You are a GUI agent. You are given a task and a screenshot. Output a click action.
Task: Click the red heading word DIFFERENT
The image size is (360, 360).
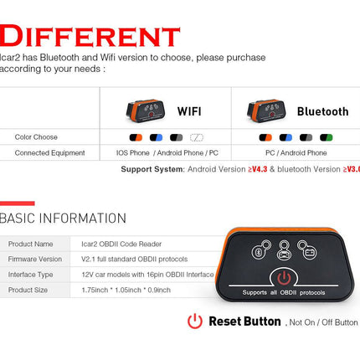pos(90,36)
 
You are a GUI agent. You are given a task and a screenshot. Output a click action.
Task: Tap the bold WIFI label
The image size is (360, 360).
pos(195,111)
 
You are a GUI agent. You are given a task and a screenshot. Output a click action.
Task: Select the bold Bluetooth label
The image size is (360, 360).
pos(322,111)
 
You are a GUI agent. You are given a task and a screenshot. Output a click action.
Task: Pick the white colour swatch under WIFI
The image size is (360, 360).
pos(197,136)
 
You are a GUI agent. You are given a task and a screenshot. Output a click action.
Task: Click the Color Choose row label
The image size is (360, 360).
pos(37,136)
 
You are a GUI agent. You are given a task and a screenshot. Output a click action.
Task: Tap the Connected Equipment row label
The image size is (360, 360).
pos(50,153)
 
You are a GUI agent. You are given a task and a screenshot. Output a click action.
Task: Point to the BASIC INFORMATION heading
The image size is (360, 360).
pos(63,219)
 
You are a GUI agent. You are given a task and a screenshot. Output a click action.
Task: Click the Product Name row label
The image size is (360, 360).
pos(30,244)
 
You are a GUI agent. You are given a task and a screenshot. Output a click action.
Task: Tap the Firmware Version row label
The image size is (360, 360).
pos(35,259)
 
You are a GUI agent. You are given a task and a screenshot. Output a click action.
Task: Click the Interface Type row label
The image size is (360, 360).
pos(31,274)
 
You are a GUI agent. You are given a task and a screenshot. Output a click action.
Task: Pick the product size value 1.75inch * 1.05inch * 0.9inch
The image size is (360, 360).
pos(126,290)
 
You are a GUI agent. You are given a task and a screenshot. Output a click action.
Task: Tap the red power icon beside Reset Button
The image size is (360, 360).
pos(195,321)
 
